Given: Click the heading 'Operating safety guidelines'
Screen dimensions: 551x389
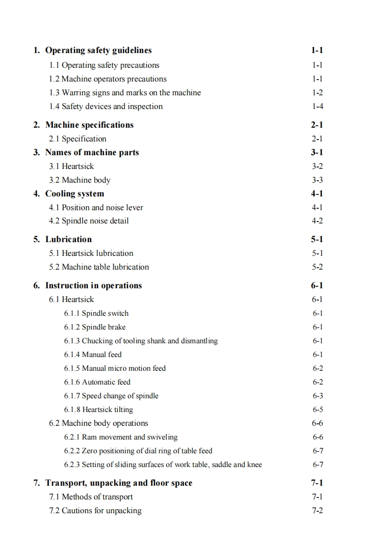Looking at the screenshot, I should (98, 50).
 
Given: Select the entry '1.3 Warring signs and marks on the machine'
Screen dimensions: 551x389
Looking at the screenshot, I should (125, 92).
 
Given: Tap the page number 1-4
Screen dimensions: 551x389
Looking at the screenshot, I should (317, 106).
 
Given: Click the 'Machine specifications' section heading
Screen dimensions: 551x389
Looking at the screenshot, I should (89, 125).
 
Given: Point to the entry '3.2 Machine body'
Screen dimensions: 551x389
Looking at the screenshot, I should (79, 180).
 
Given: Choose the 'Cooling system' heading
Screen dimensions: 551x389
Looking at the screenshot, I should (75, 193).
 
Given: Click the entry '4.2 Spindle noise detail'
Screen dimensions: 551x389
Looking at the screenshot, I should (88, 221).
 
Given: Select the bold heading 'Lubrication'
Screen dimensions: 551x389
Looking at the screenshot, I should (68, 239).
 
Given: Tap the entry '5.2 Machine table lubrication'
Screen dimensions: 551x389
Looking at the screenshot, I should (99, 267).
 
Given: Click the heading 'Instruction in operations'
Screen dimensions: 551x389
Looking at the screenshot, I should (93, 285).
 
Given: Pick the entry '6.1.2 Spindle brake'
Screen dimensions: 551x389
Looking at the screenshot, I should (95, 327).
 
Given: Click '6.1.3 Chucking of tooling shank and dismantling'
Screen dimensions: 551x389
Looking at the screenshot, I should (141, 341).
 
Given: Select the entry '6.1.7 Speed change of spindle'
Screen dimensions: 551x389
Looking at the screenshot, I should (111, 396).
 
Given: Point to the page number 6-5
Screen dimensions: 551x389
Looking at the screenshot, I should (317, 410).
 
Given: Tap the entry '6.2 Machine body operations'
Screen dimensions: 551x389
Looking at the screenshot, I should (98, 423).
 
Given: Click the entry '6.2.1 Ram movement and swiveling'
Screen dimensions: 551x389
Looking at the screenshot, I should (121, 437).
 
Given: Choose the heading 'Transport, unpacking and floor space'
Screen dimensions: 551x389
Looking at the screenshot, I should (119, 483).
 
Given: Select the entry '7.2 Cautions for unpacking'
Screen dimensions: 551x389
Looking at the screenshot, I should (95, 511).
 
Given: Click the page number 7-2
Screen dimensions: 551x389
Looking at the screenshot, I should (317, 511).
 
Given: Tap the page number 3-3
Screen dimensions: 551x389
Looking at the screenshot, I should (317, 180).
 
